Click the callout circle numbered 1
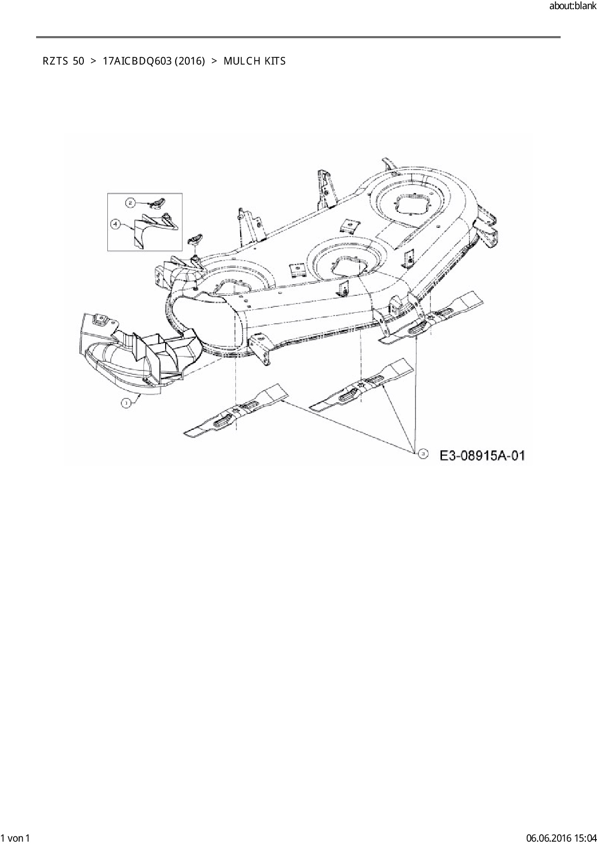click(126, 403)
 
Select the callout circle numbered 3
click(423, 453)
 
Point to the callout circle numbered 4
click(116, 224)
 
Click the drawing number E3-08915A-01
click(482, 455)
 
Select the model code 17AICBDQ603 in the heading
click(137, 61)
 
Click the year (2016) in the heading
click(190, 61)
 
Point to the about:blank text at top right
click(572, 7)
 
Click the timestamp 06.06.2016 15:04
click(561, 838)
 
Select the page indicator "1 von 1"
click(15, 838)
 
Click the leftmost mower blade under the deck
click(236, 410)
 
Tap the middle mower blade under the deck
click(361, 385)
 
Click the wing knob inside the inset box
click(156, 202)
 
